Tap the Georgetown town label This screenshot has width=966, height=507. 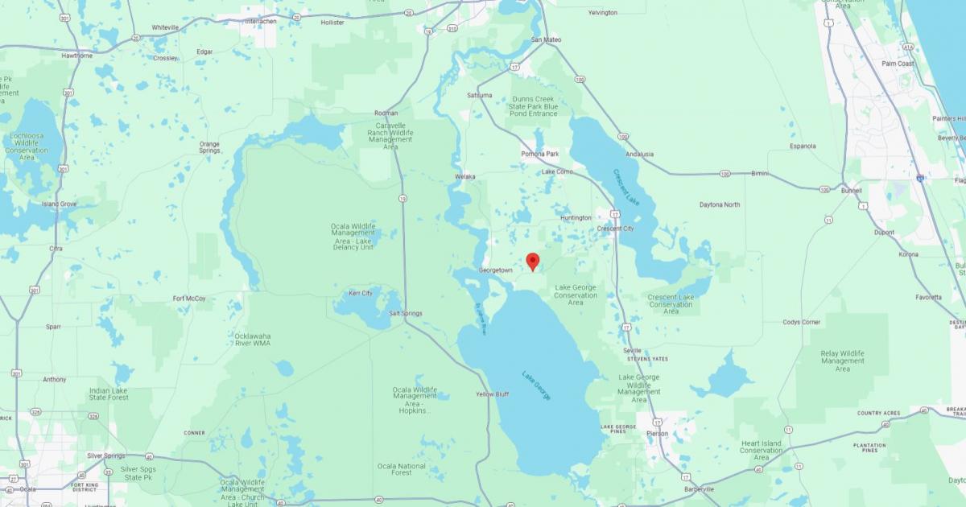495,270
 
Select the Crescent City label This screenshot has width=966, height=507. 615,229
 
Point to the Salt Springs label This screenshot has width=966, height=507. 406,313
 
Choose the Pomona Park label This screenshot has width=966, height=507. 540,154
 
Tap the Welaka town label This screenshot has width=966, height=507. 464,177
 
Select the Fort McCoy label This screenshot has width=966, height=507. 189,299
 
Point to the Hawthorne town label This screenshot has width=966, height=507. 77,56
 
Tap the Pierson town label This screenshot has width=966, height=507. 657,434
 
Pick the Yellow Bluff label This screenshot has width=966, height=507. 492,394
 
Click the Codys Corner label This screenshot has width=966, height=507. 802,322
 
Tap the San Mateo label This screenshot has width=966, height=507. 547,39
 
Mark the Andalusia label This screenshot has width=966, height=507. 639,154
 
